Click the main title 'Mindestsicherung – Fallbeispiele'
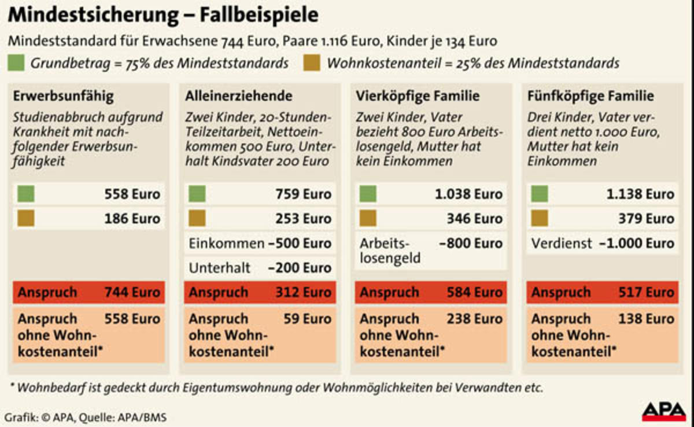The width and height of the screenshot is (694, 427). [163, 15]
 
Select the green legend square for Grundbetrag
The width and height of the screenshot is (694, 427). [16, 62]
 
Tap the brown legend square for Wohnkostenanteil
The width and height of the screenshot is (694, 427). [311, 62]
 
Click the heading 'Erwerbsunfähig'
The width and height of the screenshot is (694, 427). [56, 96]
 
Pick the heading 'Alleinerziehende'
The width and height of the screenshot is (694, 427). [238, 96]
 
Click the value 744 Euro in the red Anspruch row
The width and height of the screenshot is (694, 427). [132, 292]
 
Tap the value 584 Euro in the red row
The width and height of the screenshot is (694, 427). [474, 292]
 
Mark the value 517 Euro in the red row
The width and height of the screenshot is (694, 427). [645, 292]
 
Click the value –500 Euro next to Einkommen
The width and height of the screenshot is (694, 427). [300, 243]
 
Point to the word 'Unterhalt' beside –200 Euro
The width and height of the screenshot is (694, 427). [220, 267]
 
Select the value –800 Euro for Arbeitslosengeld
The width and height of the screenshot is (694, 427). [471, 243]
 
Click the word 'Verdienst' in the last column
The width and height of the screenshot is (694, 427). [562, 243]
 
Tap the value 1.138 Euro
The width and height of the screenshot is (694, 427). [640, 194]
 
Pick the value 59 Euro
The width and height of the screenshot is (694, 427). [308, 319]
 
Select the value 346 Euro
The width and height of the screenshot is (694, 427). [474, 218]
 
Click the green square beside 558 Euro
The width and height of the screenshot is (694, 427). [26, 194]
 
